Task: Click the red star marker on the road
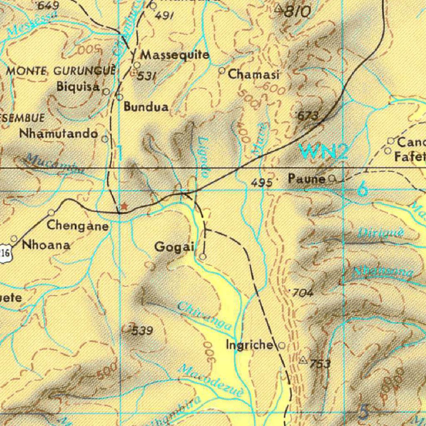[124, 206]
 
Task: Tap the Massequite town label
[175, 55]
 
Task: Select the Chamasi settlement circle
[222, 71]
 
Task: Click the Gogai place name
[174, 247]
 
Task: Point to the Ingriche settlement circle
[282, 345]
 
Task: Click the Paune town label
[307, 179]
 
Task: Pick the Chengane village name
[78, 226]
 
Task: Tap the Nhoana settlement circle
[14, 239]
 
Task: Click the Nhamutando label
[59, 134]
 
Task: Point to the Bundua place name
[146, 107]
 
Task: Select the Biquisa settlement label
[78, 87]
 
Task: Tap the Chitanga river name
[204, 317]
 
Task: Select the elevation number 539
[142, 332]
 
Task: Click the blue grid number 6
[363, 190]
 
